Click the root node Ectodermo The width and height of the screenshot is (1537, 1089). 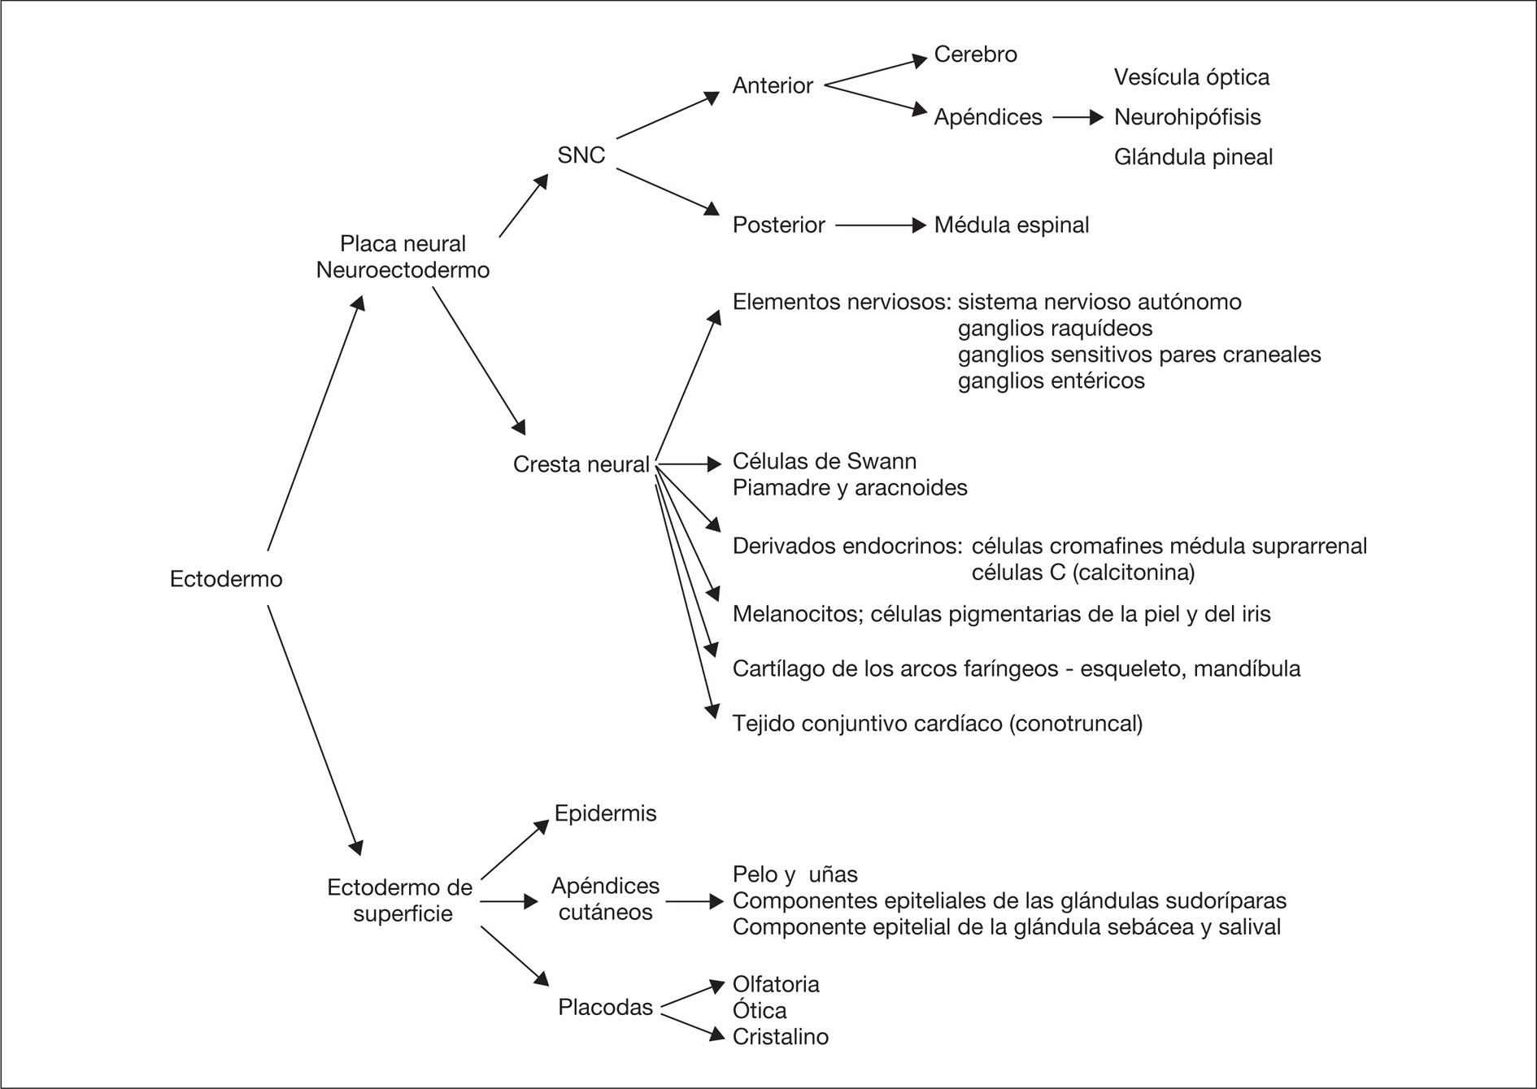[226, 579]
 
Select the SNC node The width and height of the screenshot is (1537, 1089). [581, 155]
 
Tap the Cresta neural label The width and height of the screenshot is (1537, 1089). [581, 464]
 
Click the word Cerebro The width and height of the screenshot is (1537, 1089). [975, 54]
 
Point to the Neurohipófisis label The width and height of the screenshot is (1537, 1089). [1186, 117]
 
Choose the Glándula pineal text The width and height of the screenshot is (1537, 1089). [1193, 157]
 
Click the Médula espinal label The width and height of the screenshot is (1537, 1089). [1011, 225]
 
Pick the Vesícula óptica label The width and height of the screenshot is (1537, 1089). [1191, 77]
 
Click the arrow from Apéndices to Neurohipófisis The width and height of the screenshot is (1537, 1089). [1078, 118]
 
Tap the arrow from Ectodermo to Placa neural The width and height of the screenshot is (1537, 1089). [316, 423]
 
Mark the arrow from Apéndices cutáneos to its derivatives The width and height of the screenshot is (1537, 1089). [694, 901]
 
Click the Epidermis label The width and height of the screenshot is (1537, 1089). [605, 813]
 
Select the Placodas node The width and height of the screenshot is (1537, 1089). [605, 1008]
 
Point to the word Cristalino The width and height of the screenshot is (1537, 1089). [780, 1037]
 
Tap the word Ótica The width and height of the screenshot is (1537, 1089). [760, 1011]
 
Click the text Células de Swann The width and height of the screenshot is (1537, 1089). [824, 462]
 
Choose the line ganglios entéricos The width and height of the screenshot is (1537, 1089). [1051, 381]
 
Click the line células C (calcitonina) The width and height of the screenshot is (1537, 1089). [1083, 573]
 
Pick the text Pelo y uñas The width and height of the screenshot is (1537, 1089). [795, 874]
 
